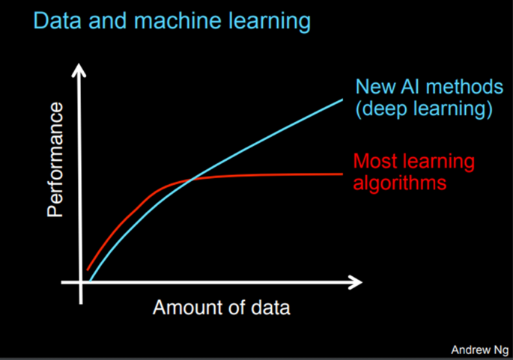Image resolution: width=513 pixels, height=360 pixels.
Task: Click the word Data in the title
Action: coord(55,21)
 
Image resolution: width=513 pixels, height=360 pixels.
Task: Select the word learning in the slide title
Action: coord(266,21)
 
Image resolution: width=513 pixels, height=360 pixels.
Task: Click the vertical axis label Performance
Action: coord(57,160)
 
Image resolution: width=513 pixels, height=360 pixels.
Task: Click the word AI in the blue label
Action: coord(409,86)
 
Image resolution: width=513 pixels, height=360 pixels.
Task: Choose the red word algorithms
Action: coord(400,182)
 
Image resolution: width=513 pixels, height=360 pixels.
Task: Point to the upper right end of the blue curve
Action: coord(342,98)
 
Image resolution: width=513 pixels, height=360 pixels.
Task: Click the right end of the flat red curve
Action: coord(342,174)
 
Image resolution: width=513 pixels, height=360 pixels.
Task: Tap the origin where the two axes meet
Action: coord(82,283)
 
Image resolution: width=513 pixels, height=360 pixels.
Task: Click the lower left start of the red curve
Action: coord(88,269)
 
